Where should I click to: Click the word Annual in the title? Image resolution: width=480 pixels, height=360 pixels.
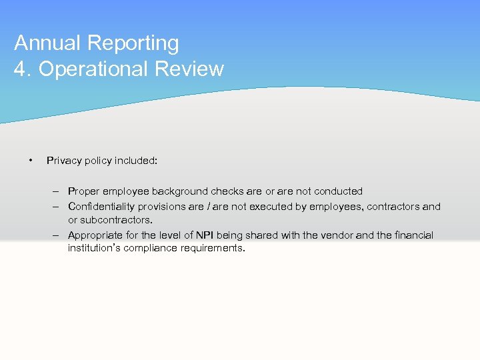tap(47, 43)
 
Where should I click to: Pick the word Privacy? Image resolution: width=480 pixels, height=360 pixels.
tap(63, 161)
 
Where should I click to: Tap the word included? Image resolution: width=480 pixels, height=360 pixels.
tap(136, 161)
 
